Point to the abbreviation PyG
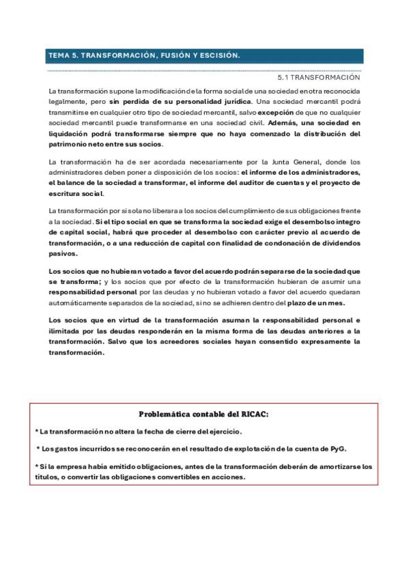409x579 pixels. pos(338,449)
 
